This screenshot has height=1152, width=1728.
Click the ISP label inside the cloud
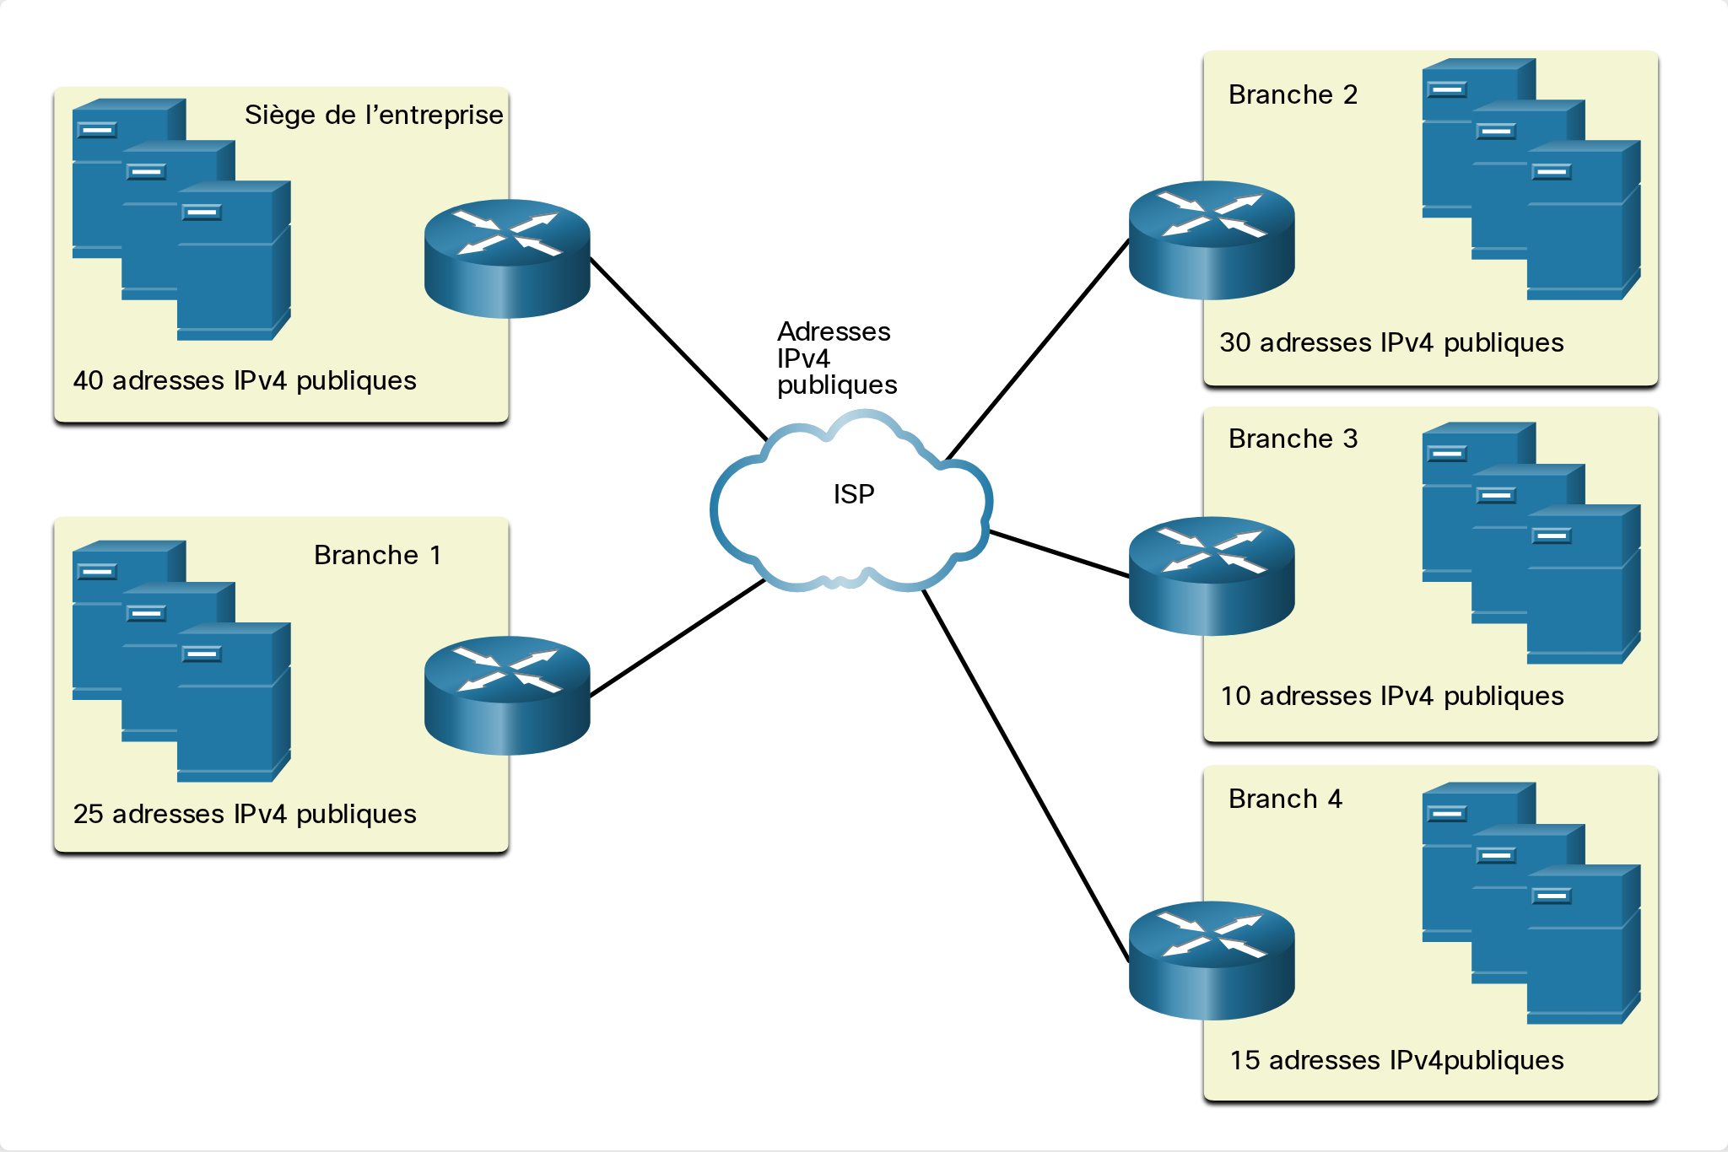(x=854, y=494)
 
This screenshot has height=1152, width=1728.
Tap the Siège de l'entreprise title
(x=374, y=115)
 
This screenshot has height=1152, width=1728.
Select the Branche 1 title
(x=377, y=555)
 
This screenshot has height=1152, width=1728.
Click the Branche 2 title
(x=1293, y=94)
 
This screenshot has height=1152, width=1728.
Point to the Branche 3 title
(x=1293, y=439)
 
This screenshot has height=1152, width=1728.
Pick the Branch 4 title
(x=1285, y=799)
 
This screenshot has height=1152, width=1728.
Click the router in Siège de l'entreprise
(x=507, y=258)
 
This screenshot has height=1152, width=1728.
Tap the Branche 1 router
(x=507, y=695)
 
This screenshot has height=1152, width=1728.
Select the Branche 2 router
(x=1212, y=240)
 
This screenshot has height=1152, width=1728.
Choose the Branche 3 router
(x=1212, y=575)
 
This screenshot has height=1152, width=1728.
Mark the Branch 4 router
(x=1212, y=961)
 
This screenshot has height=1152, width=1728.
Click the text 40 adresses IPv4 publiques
(x=245, y=381)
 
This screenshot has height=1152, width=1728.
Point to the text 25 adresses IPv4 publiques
(x=245, y=815)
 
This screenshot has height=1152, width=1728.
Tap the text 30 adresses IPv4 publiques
(x=1391, y=343)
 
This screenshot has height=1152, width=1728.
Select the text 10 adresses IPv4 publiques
(x=1392, y=697)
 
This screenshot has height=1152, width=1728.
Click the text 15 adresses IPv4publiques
(x=1396, y=1061)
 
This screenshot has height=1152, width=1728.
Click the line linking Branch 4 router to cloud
(x=1026, y=776)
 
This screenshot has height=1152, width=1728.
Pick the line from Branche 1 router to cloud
(x=678, y=638)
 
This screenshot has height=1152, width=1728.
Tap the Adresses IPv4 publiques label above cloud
(x=837, y=358)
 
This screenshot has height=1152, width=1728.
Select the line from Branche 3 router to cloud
(x=1059, y=554)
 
